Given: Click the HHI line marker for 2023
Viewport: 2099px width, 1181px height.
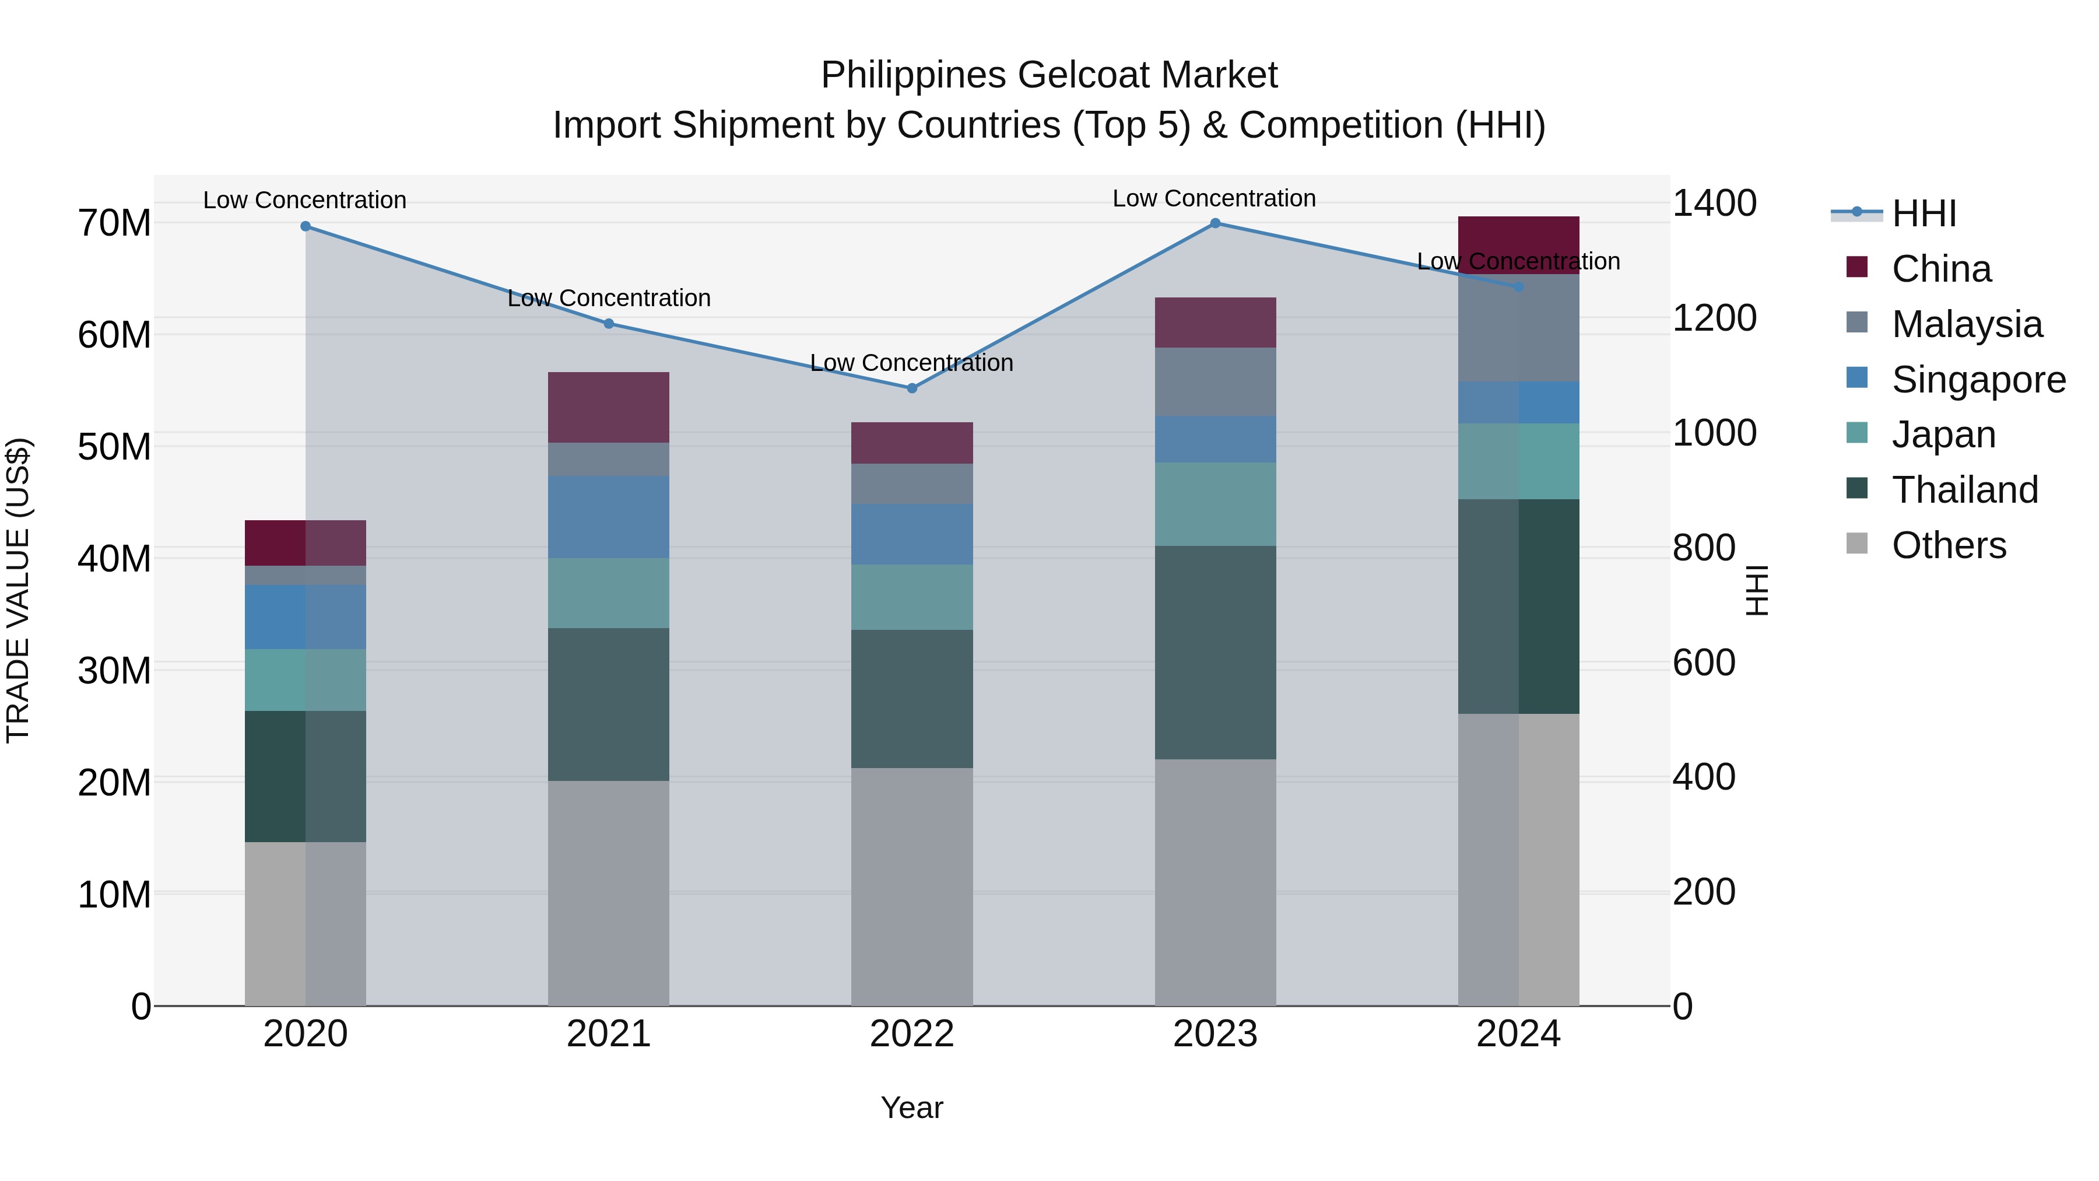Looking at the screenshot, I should (x=1215, y=223).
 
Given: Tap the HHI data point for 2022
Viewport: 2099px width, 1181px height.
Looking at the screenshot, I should (x=912, y=388).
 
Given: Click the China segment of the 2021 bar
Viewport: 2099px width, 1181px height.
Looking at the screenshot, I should (x=609, y=408).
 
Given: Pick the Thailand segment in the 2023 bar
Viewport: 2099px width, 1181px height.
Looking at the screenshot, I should (x=1215, y=652).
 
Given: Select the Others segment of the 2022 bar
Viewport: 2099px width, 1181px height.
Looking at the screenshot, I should (x=912, y=886).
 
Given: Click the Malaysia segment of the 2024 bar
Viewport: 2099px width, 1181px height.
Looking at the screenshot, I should (x=1518, y=328).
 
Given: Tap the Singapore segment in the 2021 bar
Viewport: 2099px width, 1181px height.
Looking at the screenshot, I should (x=609, y=517).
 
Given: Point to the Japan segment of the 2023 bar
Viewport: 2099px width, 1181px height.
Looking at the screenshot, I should (x=1215, y=504).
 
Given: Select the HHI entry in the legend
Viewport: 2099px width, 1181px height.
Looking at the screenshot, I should (x=1923, y=213).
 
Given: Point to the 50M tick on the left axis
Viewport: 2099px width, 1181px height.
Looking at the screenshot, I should (x=114, y=447).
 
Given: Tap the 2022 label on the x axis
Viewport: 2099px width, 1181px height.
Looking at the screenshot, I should (x=912, y=1034).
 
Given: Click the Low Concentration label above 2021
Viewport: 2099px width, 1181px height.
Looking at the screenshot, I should (x=609, y=298).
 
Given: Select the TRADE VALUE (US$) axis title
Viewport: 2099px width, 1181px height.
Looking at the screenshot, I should (x=19, y=590).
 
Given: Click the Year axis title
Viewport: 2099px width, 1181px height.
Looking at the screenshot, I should (x=912, y=1108).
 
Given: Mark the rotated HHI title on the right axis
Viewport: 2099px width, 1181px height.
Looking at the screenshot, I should (x=1757, y=590).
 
